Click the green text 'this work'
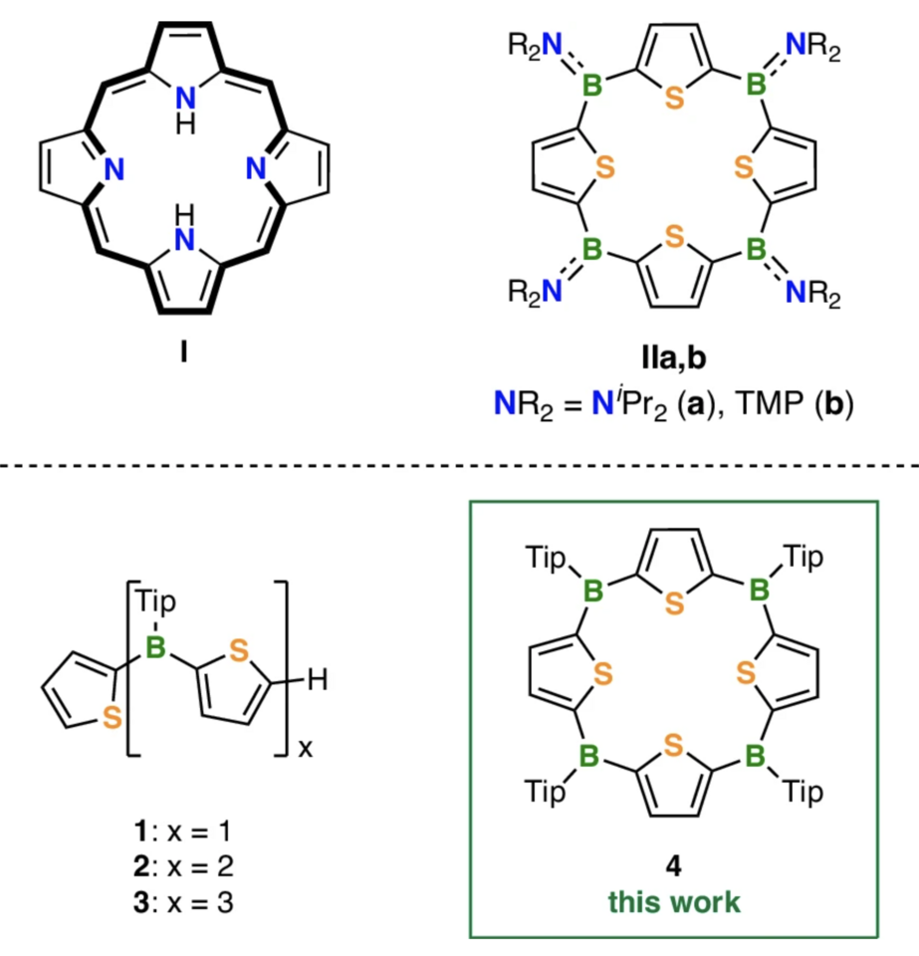(675, 902)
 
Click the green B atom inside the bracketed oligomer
(155, 650)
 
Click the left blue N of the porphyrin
(114, 171)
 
